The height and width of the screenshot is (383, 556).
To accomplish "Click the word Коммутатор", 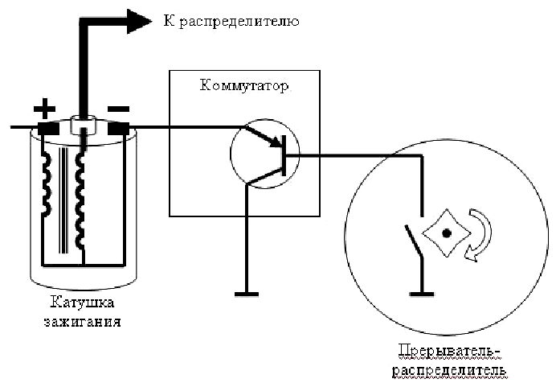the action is coord(244,85).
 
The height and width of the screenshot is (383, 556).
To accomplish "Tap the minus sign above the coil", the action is coord(118,109).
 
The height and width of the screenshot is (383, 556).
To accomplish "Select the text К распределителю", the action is coord(231,21).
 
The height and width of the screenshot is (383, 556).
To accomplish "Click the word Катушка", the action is coord(82,303).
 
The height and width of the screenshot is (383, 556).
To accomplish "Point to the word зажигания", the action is coord(82,322).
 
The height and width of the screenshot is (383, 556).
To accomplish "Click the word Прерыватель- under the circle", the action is coord(449,351).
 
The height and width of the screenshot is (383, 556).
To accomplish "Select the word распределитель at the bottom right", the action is coord(449,371).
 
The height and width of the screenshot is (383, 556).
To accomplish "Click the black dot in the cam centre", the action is coord(447,233).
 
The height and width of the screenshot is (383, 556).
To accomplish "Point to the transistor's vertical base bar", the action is coord(284,155).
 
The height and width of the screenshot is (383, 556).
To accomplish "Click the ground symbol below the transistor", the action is coord(247,294).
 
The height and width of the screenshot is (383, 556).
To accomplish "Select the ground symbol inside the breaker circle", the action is coord(422,294).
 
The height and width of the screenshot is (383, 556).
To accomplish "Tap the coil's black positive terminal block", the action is coord(48,128).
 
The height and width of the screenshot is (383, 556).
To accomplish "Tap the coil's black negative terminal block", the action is coord(118,128).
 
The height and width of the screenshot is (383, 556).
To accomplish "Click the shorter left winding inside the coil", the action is coord(46,184).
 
